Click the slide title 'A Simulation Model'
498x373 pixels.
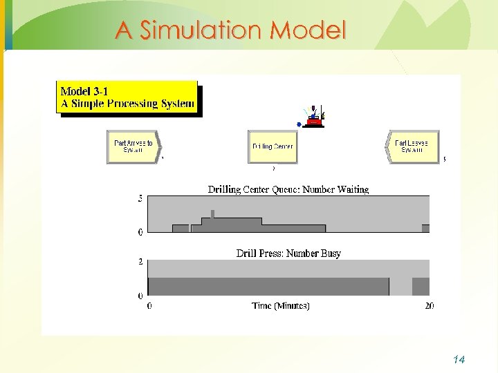[x=230, y=30]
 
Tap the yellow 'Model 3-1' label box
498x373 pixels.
[x=127, y=97]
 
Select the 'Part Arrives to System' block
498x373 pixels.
[x=133, y=146]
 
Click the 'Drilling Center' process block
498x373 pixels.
[x=273, y=147]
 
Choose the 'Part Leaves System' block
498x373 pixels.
[x=412, y=146]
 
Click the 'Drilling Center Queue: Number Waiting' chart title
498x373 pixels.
[x=288, y=189]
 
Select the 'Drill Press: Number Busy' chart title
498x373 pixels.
[x=288, y=254]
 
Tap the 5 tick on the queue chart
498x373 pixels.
[x=140, y=199]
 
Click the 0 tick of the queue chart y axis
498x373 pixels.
[x=140, y=232]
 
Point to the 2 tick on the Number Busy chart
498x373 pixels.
[x=140, y=262]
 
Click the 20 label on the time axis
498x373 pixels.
[x=429, y=306]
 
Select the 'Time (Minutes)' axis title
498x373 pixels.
[x=281, y=306]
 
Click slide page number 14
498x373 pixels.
[x=459, y=359]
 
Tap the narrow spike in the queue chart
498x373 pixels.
[x=212, y=213]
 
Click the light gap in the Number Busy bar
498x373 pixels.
[x=400, y=287]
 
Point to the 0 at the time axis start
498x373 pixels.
[x=149, y=306]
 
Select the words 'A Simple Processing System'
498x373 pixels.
[x=127, y=104]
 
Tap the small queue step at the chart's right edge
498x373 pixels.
[x=425, y=229]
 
